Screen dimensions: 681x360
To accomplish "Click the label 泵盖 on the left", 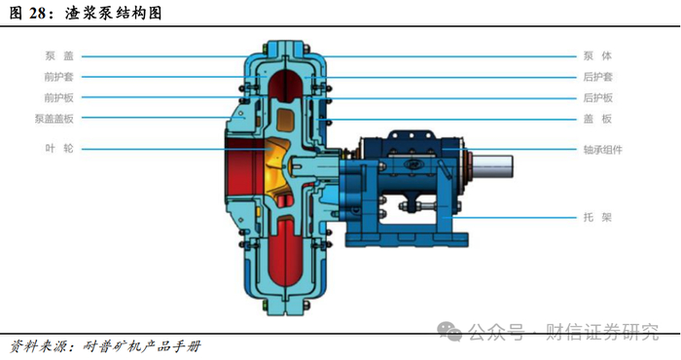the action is (59, 56).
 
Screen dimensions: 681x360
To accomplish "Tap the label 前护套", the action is (59, 77).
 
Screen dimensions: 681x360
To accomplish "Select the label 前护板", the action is (59, 97).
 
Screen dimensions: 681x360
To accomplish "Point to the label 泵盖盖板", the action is (54, 119).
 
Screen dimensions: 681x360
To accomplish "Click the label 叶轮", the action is (59, 149).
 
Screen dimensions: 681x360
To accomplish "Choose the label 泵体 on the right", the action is (597, 56).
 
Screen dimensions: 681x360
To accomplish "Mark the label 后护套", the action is (597, 77).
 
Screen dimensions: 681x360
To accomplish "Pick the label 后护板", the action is (597, 97).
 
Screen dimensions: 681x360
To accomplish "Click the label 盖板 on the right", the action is (597, 119).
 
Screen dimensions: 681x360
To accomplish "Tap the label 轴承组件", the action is (603, 150).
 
